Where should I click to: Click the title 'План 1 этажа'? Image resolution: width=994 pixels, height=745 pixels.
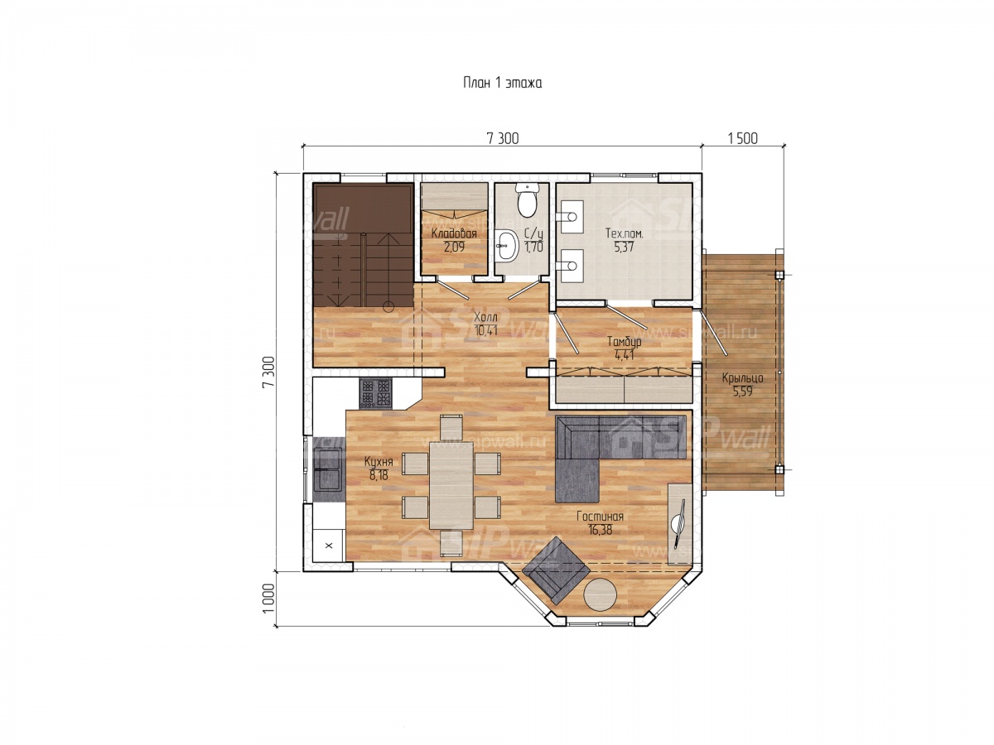coord(502,83)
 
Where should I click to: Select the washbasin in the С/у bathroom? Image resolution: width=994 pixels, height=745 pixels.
coord(507,246)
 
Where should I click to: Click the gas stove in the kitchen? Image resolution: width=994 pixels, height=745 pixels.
coord(375,392)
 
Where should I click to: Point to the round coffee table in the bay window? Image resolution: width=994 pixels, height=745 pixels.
coord(599,594)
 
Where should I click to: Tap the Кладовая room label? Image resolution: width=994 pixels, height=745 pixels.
coord(454,233)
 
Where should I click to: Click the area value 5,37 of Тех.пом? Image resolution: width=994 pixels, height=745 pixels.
coord(624,247)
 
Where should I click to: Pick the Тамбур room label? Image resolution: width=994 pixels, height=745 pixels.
coord(624,341)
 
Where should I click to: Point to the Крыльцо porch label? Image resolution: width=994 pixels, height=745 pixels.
coord(742,377)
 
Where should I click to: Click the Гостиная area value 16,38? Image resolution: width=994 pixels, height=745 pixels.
coord(600,530)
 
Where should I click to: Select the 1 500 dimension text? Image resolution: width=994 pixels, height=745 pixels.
coord(742,138)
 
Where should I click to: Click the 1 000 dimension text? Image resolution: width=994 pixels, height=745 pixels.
coord(268,598)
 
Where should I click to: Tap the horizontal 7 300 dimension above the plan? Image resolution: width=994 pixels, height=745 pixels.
coord(502,138)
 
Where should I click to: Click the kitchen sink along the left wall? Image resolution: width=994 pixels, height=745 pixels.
coord(327,469)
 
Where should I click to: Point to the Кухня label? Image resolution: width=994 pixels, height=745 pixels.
coord(378,461)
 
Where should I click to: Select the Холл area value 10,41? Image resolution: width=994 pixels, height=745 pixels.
coord(485,330)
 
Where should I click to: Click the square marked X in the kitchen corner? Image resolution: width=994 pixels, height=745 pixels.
coord(329,546)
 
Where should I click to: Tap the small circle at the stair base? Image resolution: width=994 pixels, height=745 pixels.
coord(388,307)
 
